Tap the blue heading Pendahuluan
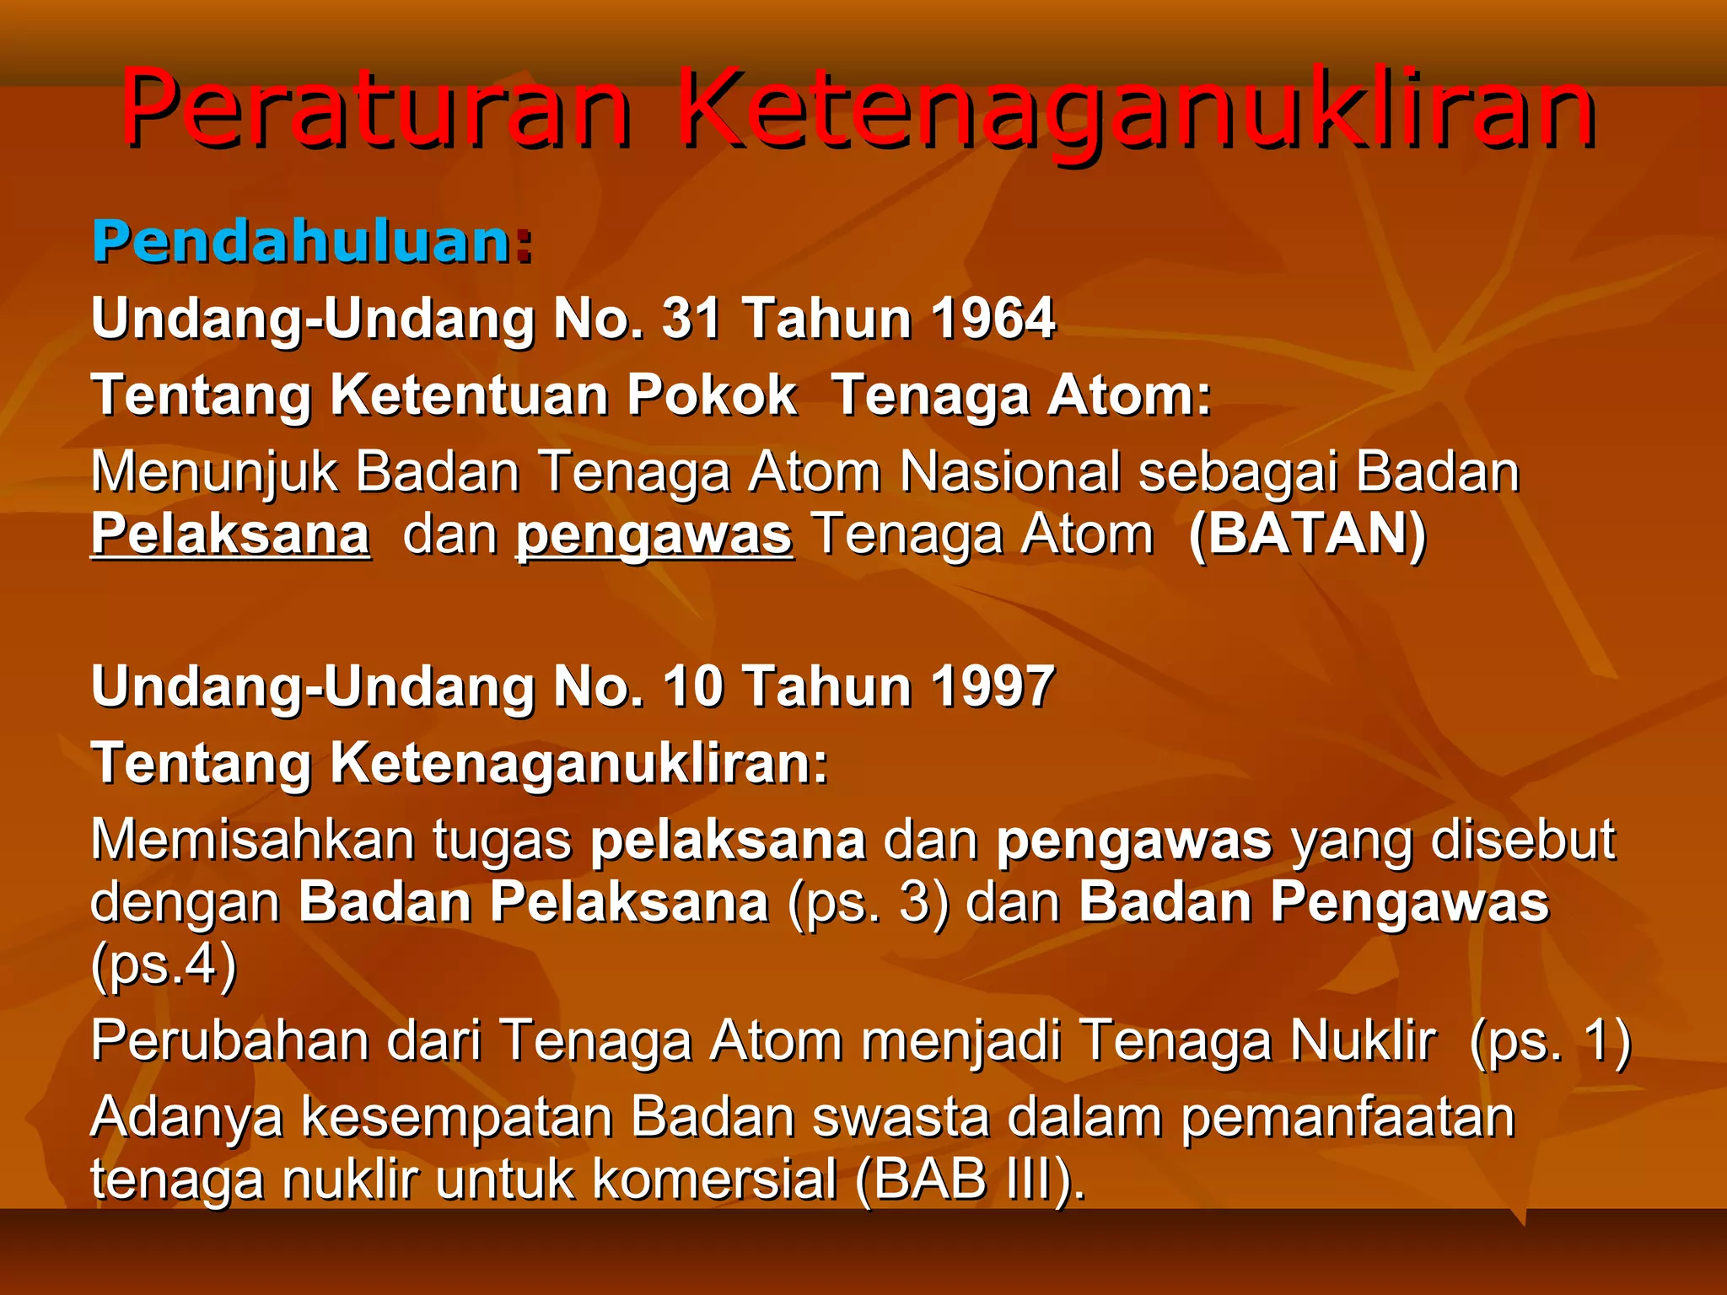point(302,242)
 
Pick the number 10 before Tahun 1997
point(691,686)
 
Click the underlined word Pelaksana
point(230,535)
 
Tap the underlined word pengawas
point(654,536)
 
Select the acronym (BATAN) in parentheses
point(1307,535)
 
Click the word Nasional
point(1010,471)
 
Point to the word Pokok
point(712,395)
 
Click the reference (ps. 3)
point(868,903)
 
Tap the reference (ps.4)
point(164,965)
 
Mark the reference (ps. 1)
point(1550,1041)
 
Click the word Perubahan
point(230,1041)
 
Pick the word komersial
point(715,1179)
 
